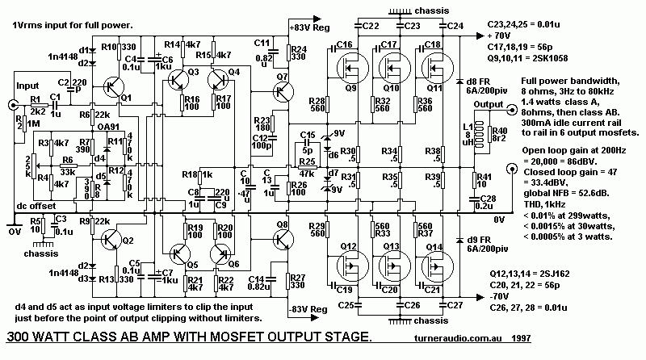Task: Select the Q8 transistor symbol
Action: (x=282, y=239)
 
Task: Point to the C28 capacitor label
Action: (x=488, y=203)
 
